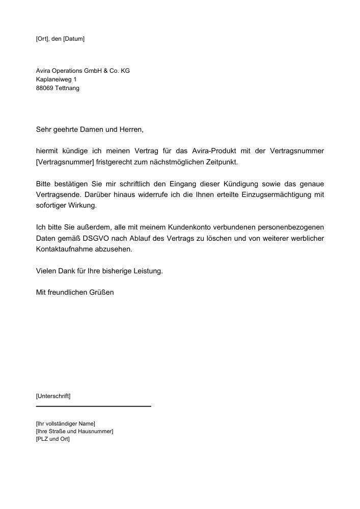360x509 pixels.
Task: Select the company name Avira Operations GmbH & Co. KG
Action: pos(82,71)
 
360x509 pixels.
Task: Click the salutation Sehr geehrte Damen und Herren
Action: pos(90,130)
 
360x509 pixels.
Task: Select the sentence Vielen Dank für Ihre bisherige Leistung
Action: pos(99,271)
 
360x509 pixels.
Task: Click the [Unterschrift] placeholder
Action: pos(53,395)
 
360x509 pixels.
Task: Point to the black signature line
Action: pos(94,406)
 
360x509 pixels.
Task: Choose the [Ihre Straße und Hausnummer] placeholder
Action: pos(74,431)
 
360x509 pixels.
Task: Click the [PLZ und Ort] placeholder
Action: pos(53,439)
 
